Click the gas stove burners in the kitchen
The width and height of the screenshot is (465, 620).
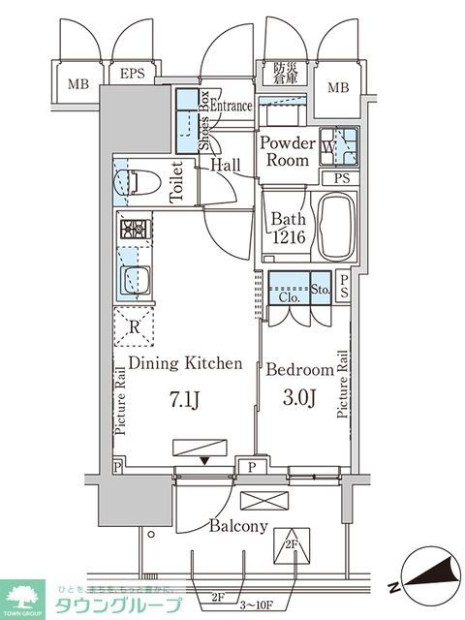[x=133, y=231]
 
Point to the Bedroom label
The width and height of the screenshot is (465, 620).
[x=299, y=369]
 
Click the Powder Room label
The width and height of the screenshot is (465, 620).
[x=287, y=151]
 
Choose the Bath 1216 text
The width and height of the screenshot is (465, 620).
[x=287, y=228]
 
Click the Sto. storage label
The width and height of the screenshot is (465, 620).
[x=321, y=288]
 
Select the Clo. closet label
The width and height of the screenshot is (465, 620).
[x=286, y=298]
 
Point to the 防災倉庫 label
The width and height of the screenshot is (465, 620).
[x=283, y=74]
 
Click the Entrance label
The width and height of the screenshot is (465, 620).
[x=232, y=107]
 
